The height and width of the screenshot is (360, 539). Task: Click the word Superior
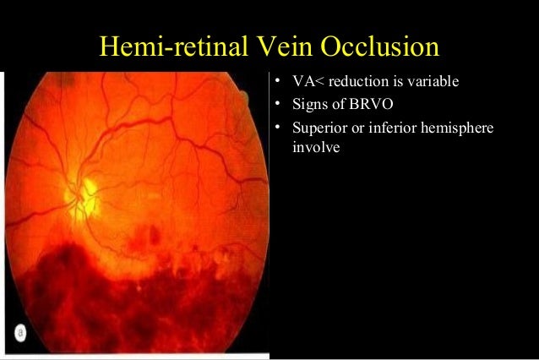coord(318,130)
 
